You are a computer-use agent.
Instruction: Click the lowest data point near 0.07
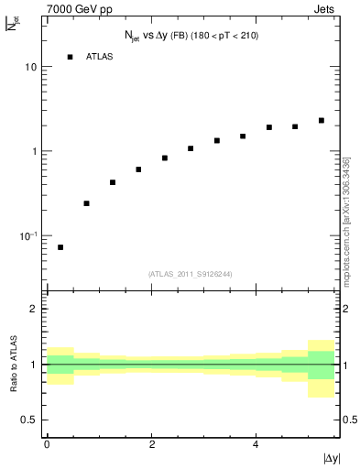coord(60,247)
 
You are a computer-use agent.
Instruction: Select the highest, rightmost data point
coord(322,120)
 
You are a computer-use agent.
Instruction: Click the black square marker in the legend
coord(70,57)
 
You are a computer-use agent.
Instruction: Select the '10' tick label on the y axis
coord(31,68)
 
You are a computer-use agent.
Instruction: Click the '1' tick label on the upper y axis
coord(35,151)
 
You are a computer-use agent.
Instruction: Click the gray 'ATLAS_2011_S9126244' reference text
coord(190,273)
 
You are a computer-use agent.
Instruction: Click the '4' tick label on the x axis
coord(256,443)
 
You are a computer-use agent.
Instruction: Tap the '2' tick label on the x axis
coord(151,443)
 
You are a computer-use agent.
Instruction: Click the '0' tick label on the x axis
coord(47,443)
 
